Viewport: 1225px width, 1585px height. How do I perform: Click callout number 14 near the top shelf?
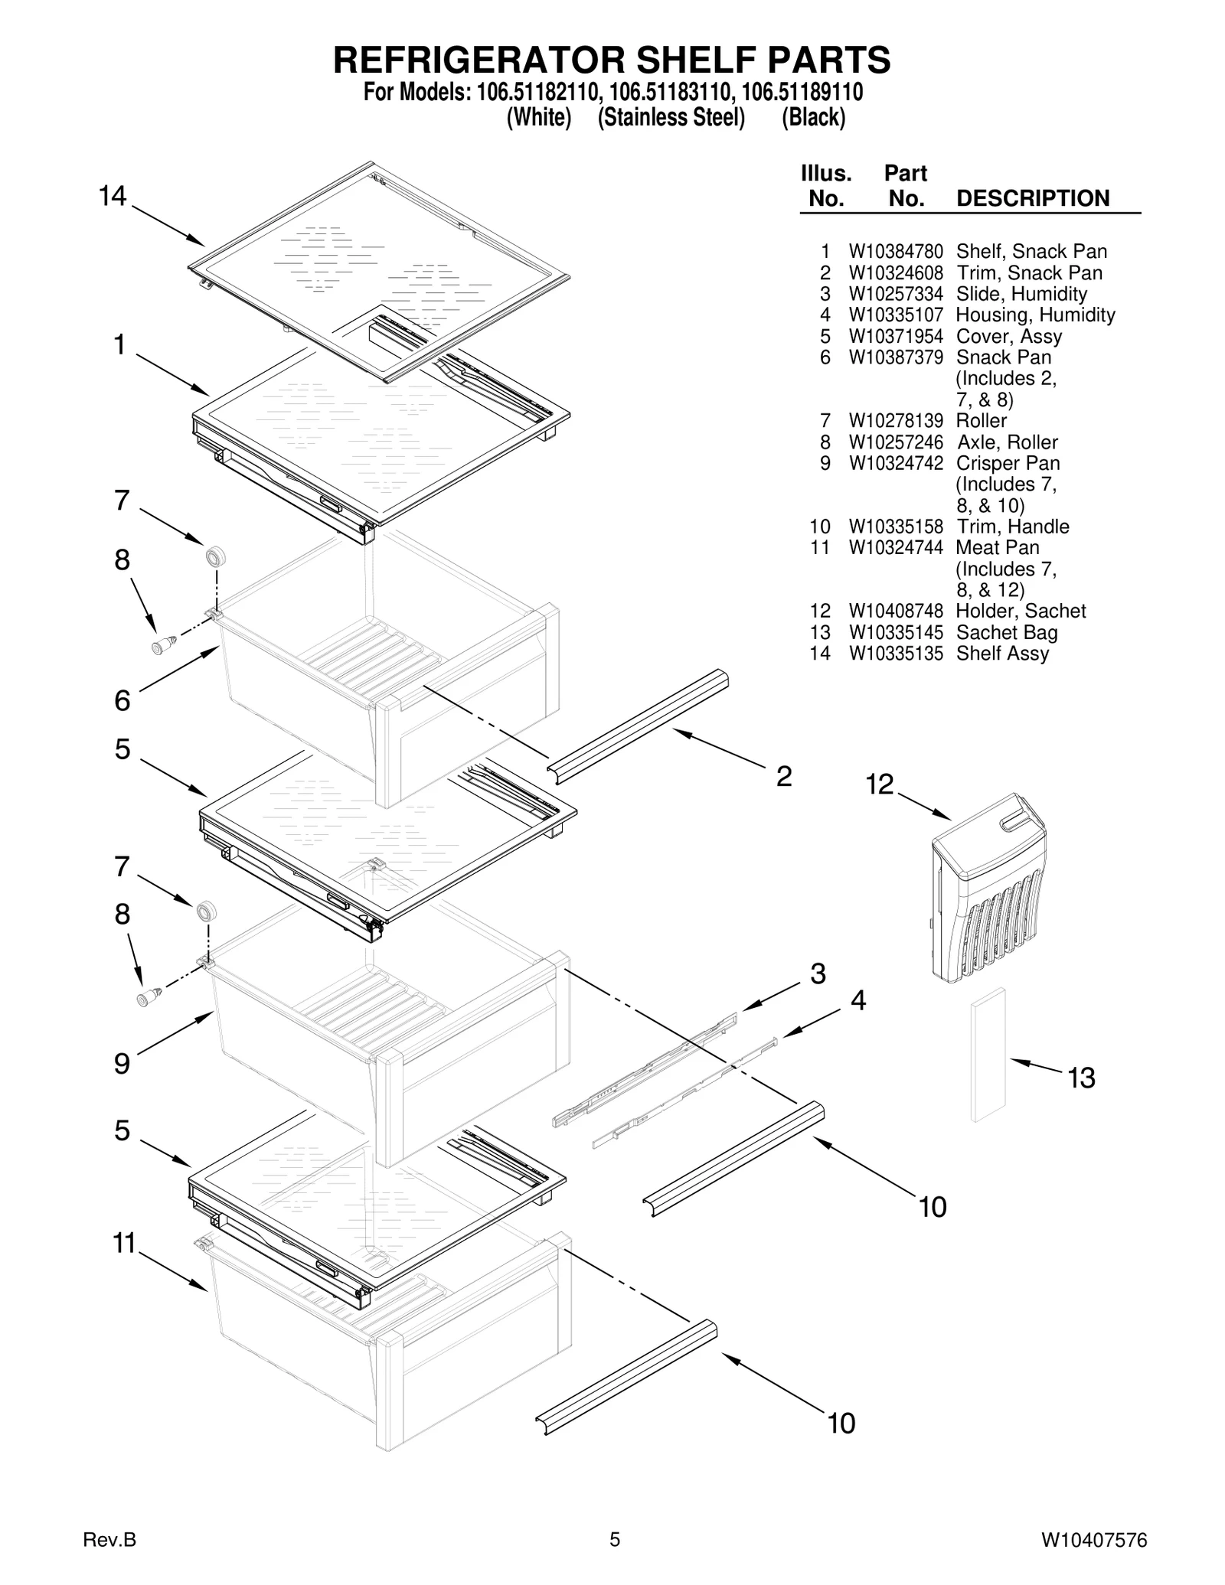pos(113,197)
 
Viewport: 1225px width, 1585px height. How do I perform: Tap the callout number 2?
pos(783,777)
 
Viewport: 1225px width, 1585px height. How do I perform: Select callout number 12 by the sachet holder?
pos(880,784)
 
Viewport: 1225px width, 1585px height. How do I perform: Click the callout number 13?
pos(1082,1078)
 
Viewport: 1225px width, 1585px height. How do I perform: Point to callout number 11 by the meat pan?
pos(124,1244)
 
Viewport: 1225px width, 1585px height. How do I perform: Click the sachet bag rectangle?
pos(988,1055)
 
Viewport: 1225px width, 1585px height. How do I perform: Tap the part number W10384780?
pos(895,252)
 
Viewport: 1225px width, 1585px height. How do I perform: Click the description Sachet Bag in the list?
pos(1006,633)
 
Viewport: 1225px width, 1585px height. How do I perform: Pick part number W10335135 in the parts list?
pos(895,654)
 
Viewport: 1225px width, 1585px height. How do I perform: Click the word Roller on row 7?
pos(981,421)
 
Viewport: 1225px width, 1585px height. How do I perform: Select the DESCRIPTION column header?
pos(1032,198)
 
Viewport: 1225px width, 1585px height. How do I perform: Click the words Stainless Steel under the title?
pos(671,118)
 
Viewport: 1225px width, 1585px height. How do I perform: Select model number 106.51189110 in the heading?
pos(802,93)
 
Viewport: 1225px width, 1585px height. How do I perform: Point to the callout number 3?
pos(818,974)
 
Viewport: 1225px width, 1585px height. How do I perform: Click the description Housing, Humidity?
pos(1035,315)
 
